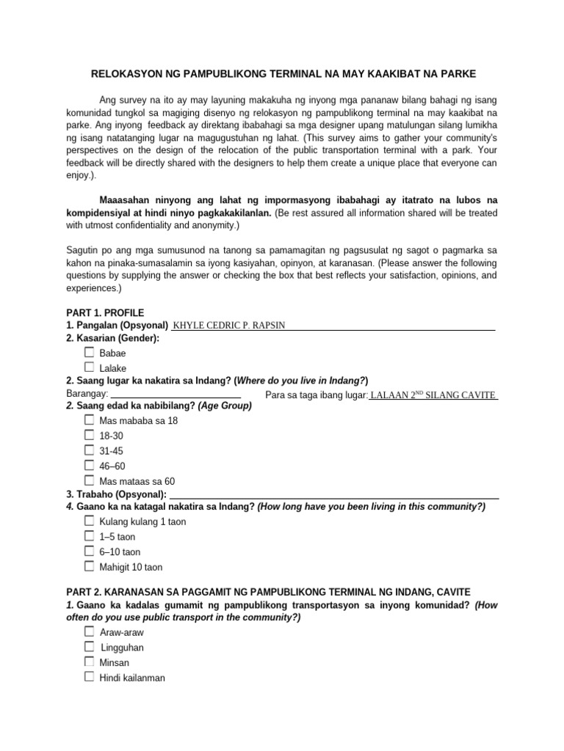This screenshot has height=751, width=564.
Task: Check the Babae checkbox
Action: pos(89,353)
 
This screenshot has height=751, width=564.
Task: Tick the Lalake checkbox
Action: pos(89,367)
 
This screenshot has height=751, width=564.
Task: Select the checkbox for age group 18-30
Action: pos(89,435)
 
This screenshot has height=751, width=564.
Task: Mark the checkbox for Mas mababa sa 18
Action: pos(89,420)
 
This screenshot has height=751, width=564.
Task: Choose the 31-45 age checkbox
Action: pos(89,450)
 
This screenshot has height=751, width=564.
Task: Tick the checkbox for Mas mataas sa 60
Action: pos(89,480)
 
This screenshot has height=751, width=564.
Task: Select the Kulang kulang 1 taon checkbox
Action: pos(89,521)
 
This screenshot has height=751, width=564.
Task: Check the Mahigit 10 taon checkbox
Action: pos(89,566)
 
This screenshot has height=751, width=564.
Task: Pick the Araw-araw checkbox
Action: pos(89,632)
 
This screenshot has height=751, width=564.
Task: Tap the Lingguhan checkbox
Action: pos(89,647)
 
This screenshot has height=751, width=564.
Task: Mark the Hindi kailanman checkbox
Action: pos(89,677)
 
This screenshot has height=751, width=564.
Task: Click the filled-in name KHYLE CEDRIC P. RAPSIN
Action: pos(228,326)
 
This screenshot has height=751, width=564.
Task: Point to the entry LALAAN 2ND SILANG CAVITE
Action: pos(433,395)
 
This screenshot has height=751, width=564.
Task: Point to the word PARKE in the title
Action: pos(459,74)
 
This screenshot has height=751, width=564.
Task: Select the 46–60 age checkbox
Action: pos(89,465)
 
